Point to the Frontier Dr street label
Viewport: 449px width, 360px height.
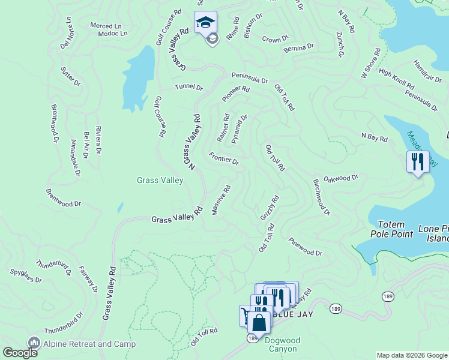point(224,158)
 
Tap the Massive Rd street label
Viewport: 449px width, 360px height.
point(221,201)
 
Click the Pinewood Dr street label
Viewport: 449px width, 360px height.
point(306,248)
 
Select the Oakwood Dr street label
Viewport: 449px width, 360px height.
point(341,178)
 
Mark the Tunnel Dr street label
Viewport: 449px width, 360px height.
point(189,87)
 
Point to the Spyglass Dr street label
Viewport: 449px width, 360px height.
point(26,275)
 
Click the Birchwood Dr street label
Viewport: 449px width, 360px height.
point(321,196)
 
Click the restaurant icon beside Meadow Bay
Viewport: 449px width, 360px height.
point(417,161)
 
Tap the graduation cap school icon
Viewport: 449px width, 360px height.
point(205,23)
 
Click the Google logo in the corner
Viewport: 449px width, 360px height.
point(19,353)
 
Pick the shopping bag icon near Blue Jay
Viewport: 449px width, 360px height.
point(259,322)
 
